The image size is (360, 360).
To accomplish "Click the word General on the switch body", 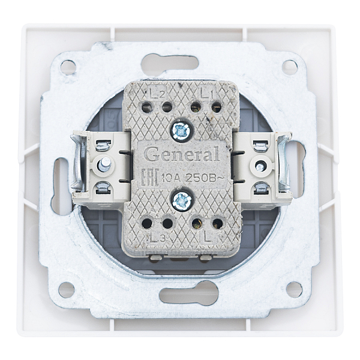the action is click(x=183, y=154).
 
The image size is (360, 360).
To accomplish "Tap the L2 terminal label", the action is click(x=157, y=94).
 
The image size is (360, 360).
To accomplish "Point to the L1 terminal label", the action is click(x=206, y=94).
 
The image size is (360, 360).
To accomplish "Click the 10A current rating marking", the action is click(x=171, y=178).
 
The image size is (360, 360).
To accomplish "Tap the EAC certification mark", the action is click(x=150, y=178).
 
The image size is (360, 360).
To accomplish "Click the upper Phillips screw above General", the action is click(x=181, y=131).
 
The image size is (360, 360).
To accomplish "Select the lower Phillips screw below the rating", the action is click(x=182, y=202).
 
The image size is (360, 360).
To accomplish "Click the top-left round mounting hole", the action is click(x=68, y=67).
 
